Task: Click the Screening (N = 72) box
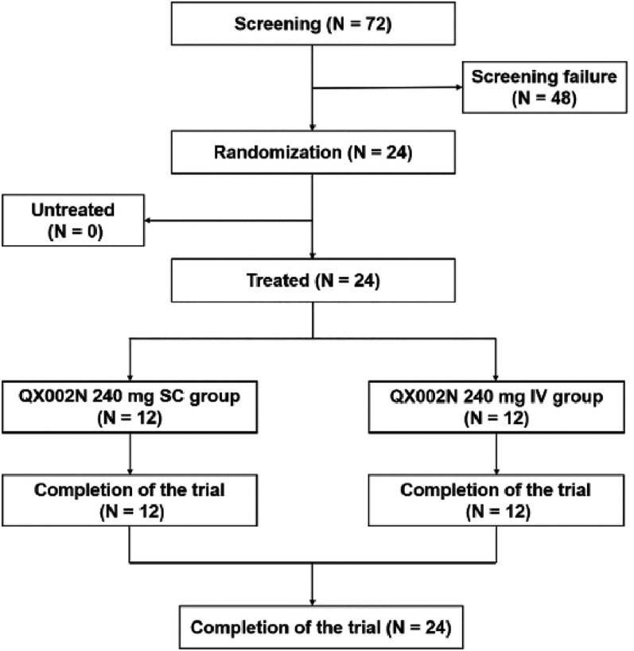point(317,24)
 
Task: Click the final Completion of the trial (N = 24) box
point(317,628)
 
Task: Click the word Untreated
point(74,210)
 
